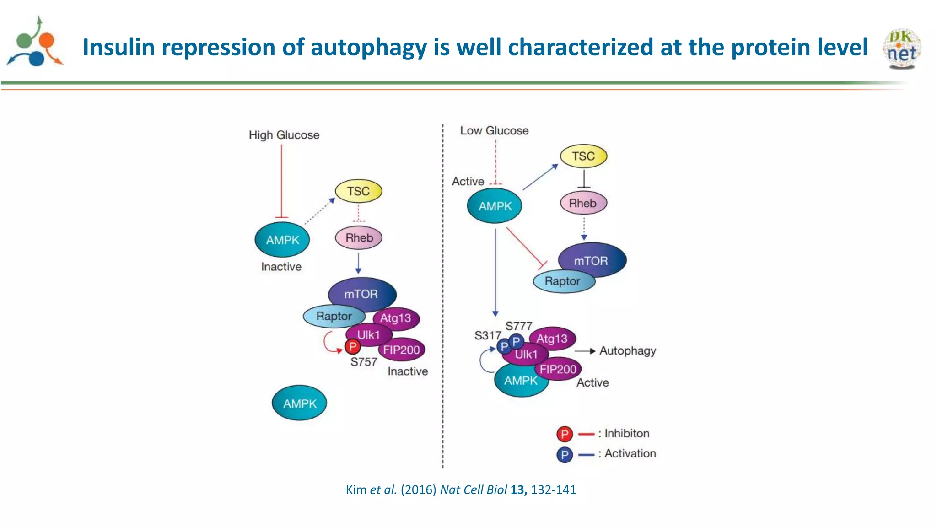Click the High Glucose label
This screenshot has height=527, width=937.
click(284, 135)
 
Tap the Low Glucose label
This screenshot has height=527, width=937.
click(494, 131)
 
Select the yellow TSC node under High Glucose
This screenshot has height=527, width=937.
click(358, 191)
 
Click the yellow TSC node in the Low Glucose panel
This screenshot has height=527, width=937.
click(583, 156)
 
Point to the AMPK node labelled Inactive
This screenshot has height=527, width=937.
click(282, 240)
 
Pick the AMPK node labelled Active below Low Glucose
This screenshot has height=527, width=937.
click(495, 206)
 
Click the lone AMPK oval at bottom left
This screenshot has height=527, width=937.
click(300, 403)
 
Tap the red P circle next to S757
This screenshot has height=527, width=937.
click(352, 347)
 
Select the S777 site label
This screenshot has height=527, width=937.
click(518, 326)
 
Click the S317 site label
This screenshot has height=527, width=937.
click(487, 336)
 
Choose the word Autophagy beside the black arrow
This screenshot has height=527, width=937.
click(628, 351)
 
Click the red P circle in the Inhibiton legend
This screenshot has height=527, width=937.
click(565, 434)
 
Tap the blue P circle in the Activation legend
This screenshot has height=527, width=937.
click(565, 455)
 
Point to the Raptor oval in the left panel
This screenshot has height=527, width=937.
click(334, 316)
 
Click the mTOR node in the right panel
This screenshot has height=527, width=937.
click(592, 260)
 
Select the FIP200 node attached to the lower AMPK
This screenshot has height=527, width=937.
click(558, 369)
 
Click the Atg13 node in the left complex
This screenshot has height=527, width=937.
click(396, 318)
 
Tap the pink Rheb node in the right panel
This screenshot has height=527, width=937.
click(583, 203)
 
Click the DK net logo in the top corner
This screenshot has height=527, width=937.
click(902, 48)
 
